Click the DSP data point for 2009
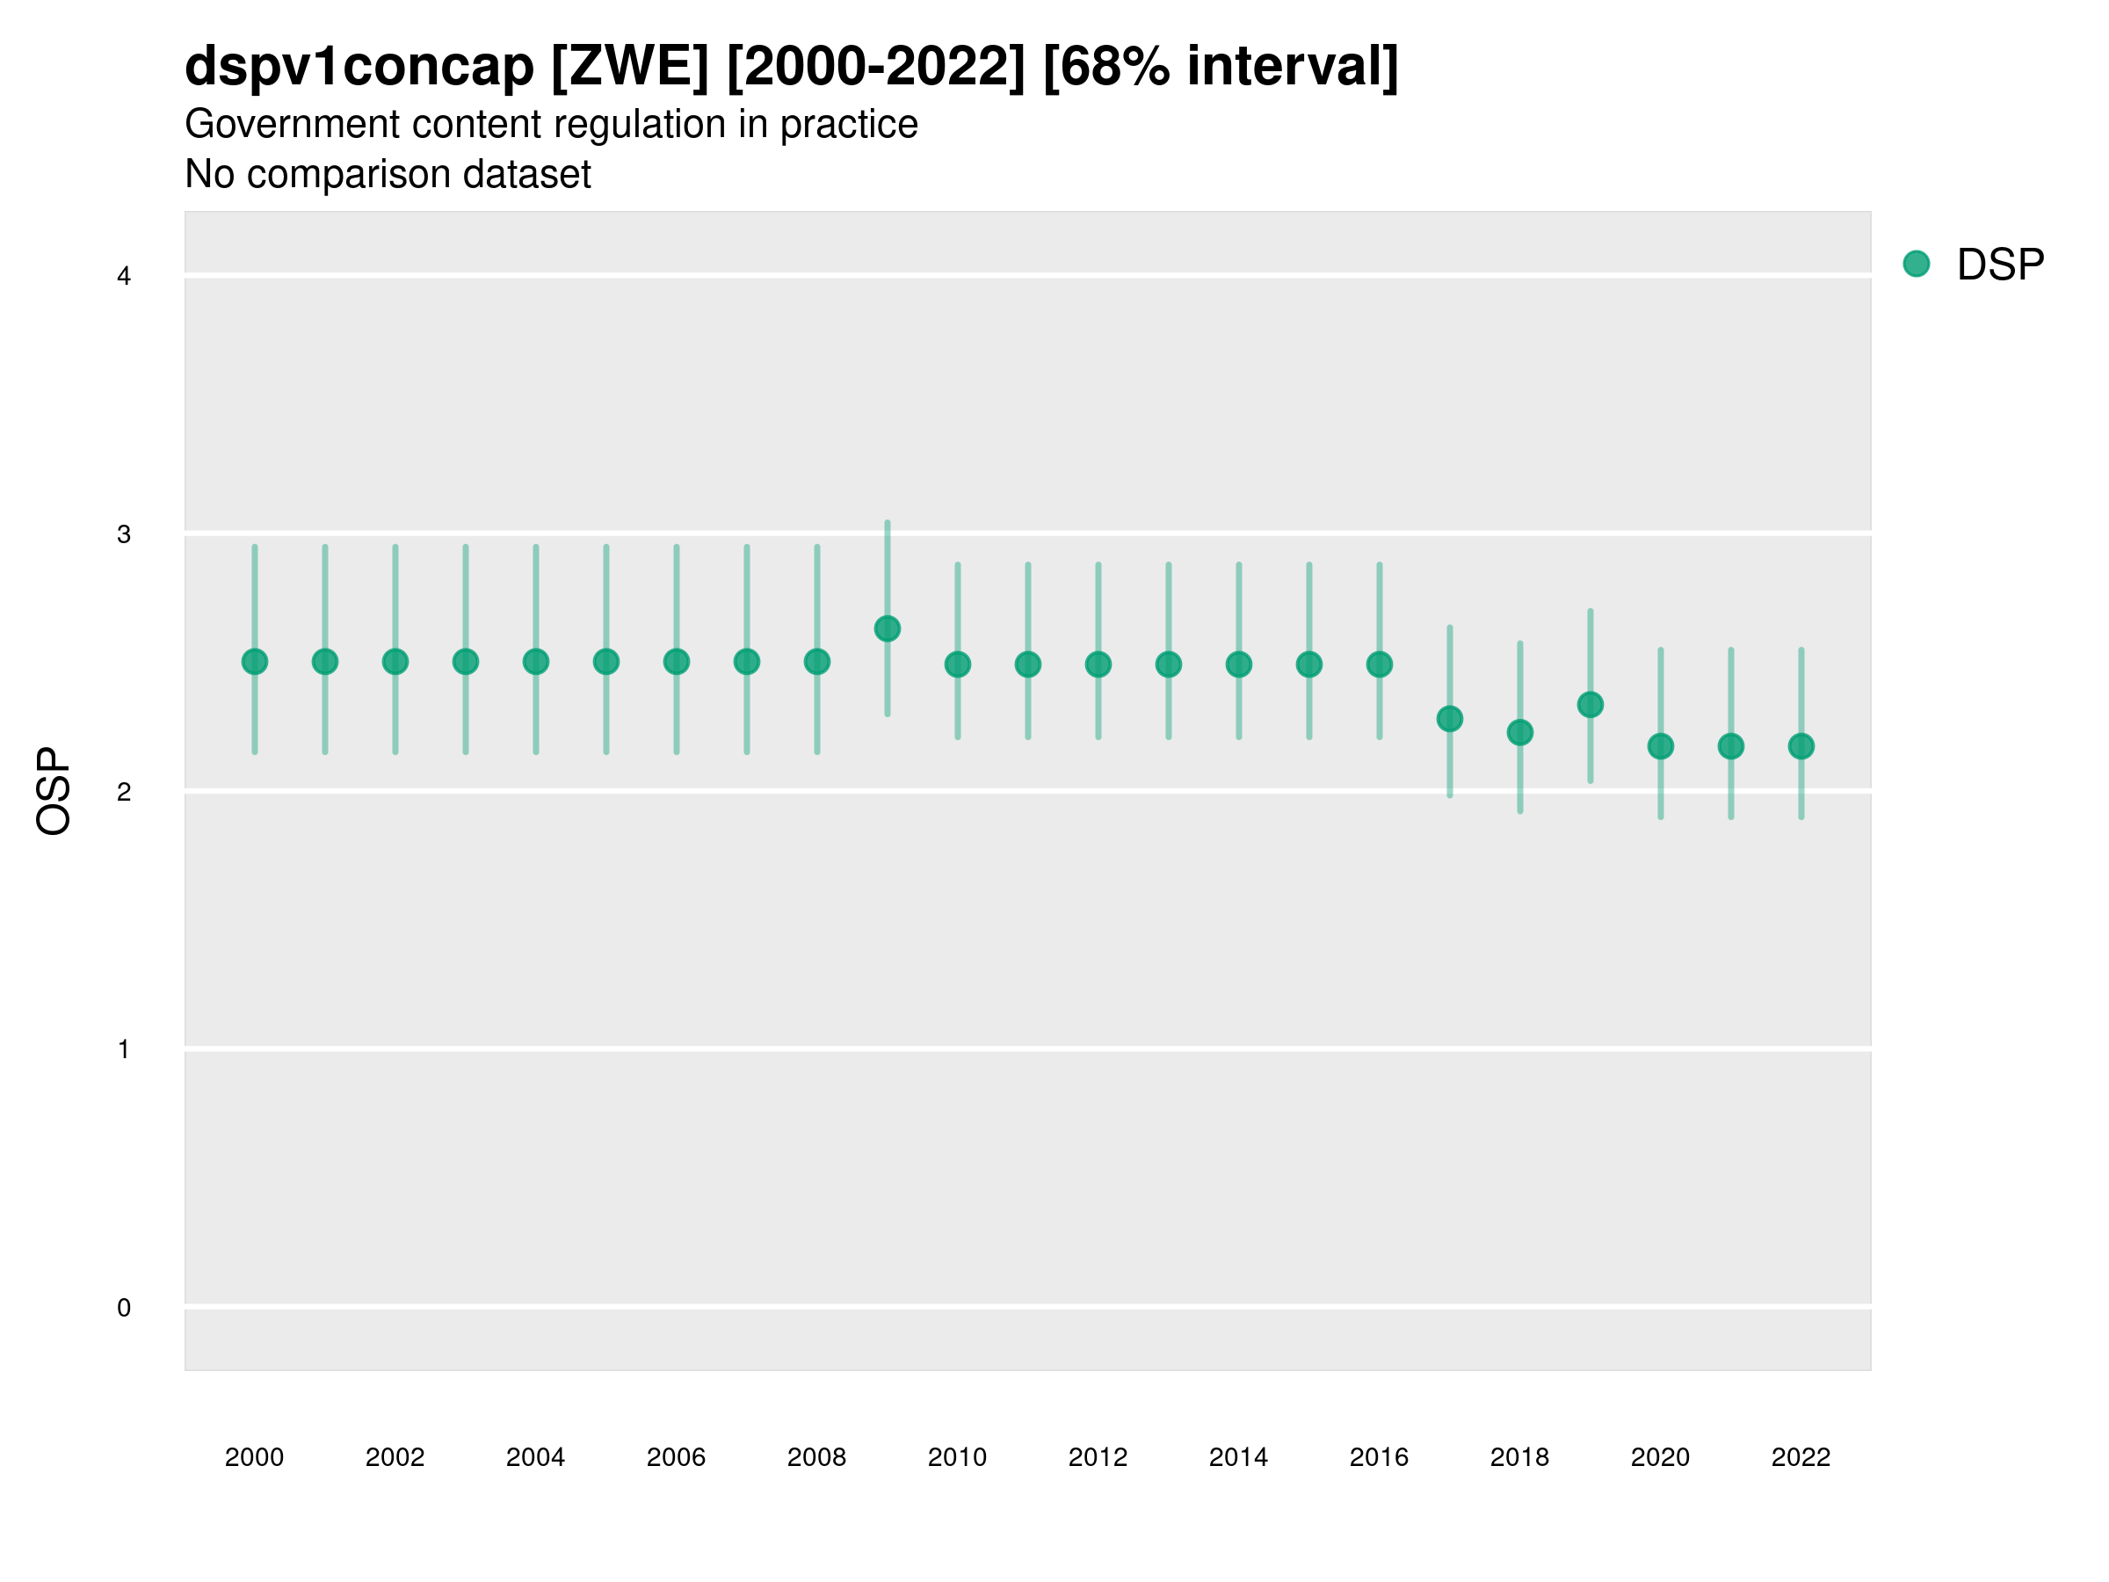point(887,628)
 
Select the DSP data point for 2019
point(1591,705)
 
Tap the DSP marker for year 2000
point(255,662)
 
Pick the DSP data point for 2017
point(1449,719)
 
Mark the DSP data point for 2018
point(1519,732)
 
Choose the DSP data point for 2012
point(1098,664)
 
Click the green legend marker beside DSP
point(1917,265)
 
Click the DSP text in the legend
point(2000,265)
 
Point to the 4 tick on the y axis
point(124,277)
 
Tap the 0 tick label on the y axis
point(124,1308)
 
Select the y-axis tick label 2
point(124,793)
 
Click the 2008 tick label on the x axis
point(817,1457)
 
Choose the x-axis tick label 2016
point(1379,1457)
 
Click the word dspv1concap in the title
point(359,67)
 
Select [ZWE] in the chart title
point(630,67)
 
